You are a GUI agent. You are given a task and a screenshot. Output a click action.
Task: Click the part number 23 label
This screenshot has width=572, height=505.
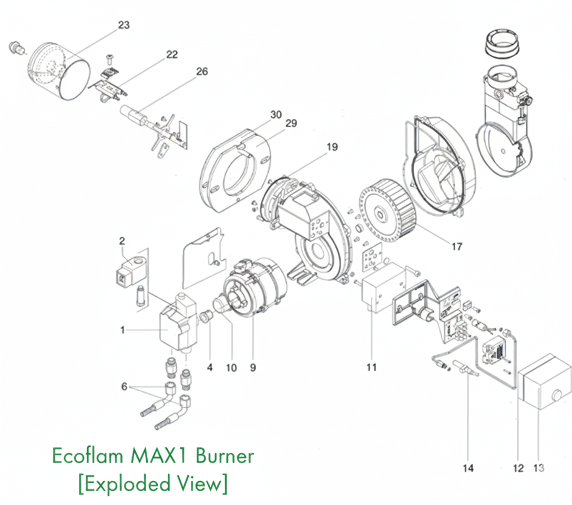(124, 25)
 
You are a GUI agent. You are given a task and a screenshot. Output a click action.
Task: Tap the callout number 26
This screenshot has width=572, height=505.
(201, 72)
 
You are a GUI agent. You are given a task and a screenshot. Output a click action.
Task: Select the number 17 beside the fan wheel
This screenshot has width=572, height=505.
(456, 246)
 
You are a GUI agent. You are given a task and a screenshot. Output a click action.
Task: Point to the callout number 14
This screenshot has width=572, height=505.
(468, 468)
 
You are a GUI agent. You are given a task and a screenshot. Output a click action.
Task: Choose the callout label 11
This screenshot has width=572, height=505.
(371, 367)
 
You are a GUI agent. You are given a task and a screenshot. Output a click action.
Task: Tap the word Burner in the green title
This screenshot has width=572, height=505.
(224, 456)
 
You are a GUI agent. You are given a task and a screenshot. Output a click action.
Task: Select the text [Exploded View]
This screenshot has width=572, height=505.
(152, 483)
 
